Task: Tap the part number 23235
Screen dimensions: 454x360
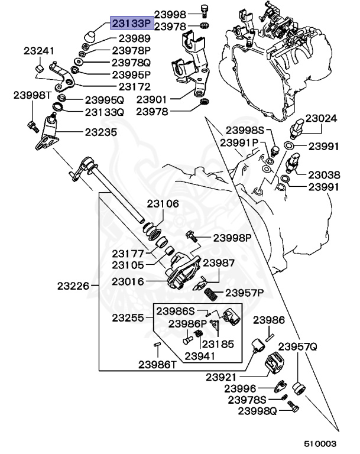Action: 101,132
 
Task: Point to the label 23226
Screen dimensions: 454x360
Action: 73,286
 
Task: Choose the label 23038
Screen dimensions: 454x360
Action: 323,175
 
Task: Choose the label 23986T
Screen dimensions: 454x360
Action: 158,364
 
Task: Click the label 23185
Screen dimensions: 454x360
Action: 218,344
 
